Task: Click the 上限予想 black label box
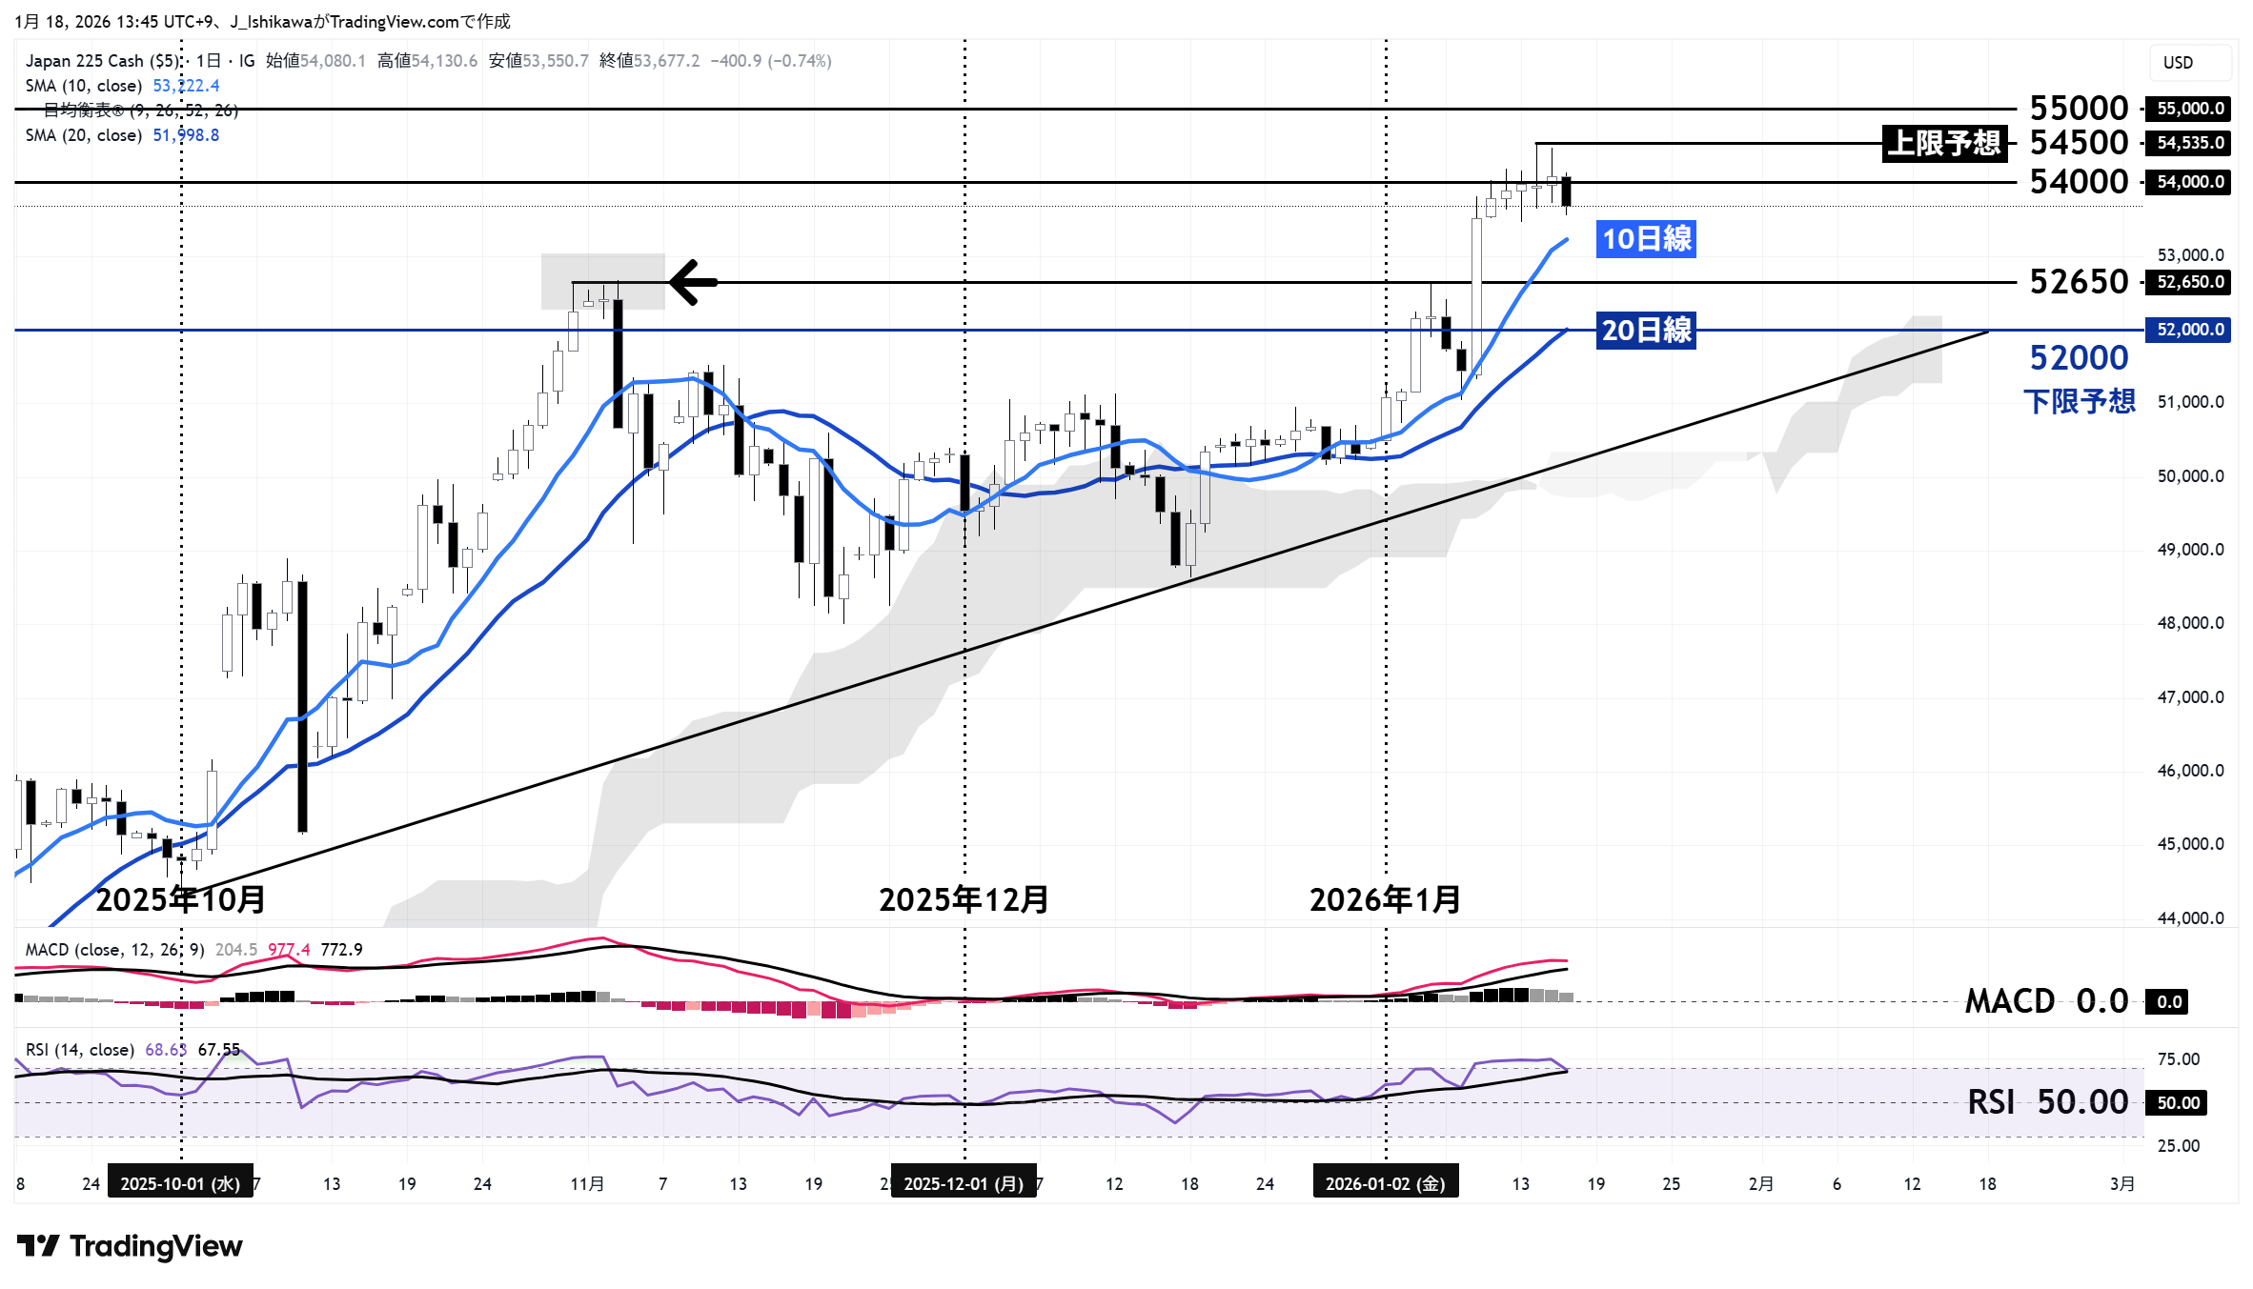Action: click(x=1944, y=143)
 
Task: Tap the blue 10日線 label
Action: click(x=1646, y=238)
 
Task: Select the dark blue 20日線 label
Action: click(x=1646, y=330)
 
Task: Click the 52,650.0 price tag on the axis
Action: click(x=2190, y=282)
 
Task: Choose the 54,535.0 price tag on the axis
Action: click(x=2190, y=143)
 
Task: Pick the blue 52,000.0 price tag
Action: click(x=2190, y=330)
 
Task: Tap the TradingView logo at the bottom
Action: click(x=131, y=1246)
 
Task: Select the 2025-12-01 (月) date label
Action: click(x=964, y=1183)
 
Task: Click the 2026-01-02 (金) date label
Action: click(x=1385, y=1183)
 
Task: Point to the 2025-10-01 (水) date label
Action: click(x=180, y=1183)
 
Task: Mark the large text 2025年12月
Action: click(x=964, y=899)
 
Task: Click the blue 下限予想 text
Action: click(x=2080, y=401)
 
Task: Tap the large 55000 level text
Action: click(x=2079, y=108)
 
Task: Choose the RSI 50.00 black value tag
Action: click(x=2178, y=1103)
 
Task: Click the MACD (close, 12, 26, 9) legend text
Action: click(x=114, y=950)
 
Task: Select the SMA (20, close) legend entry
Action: click(x=84, y=135)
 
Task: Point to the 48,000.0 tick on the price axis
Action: click(x=2190, y=623)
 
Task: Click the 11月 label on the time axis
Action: click(x=587, y=1183)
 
